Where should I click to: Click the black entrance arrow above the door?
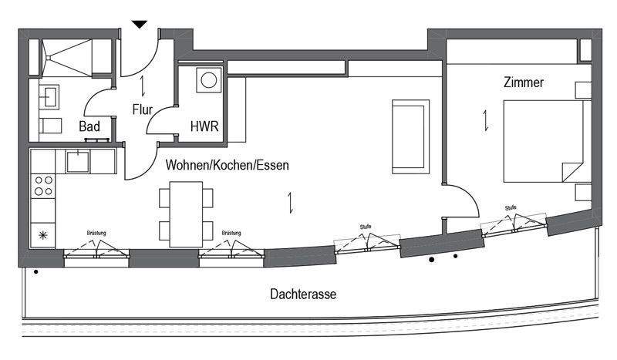[x=140, y=25]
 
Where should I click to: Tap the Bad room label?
[x=89, y=126]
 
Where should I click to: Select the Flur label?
[x=143, y=109]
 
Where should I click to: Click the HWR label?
[x=204, y=126]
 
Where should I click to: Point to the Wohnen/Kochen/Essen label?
[x=228, y=165]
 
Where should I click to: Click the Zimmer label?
[x=524, y=82]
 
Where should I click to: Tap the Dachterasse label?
[x=303, y=294]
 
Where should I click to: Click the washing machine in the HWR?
[x=208, y=80]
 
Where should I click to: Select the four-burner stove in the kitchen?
[x=43, y=186]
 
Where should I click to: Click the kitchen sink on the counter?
[x=78, y=161]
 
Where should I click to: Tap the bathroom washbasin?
[x=49, y=97]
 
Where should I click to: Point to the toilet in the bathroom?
[x=50, y=126]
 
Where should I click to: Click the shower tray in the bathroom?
[x=67, y=58]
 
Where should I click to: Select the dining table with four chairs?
[x=186, y=214]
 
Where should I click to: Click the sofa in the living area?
[x=410, y=136]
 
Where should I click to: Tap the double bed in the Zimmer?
[x=543, y=141]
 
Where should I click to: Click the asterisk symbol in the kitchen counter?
[x=43, y=235]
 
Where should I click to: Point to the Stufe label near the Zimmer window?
[x=511, y=207]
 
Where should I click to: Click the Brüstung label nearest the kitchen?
[x=96, y=233]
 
